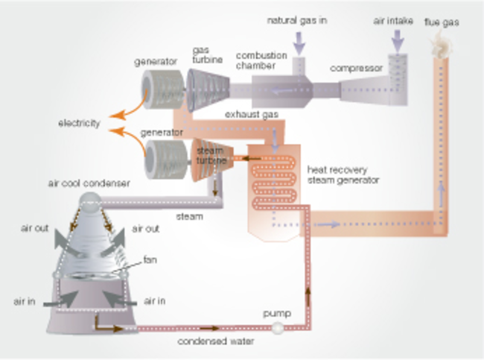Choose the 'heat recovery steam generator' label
343,175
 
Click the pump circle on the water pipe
278,328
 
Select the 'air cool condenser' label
86,183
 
